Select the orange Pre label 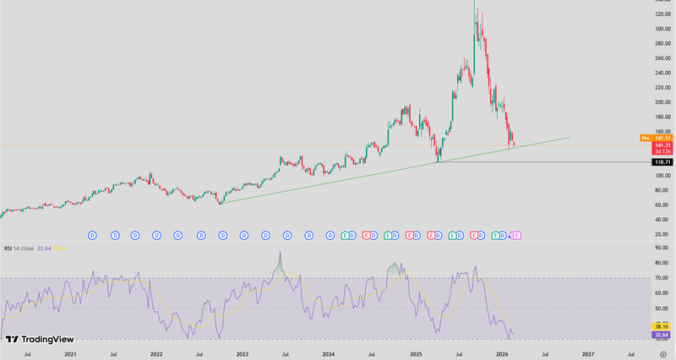pos(645,137)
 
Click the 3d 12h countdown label pos(662,151)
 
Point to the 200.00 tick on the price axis pos(662,102)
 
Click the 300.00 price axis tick pos(662,29)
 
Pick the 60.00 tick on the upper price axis pos(662,204)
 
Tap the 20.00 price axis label pos(662,233)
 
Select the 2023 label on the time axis pos(243,354)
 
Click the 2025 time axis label pos(415,354)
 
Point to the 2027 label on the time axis pos(588,354)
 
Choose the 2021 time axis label pos(69,354)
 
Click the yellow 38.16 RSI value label pos(662,326)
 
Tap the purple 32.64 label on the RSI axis pos(662,335)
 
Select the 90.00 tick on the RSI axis pos(662,247)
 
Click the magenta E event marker pos(516,233)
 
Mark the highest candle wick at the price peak pos(475,3)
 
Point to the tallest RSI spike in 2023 pos(280,253)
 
